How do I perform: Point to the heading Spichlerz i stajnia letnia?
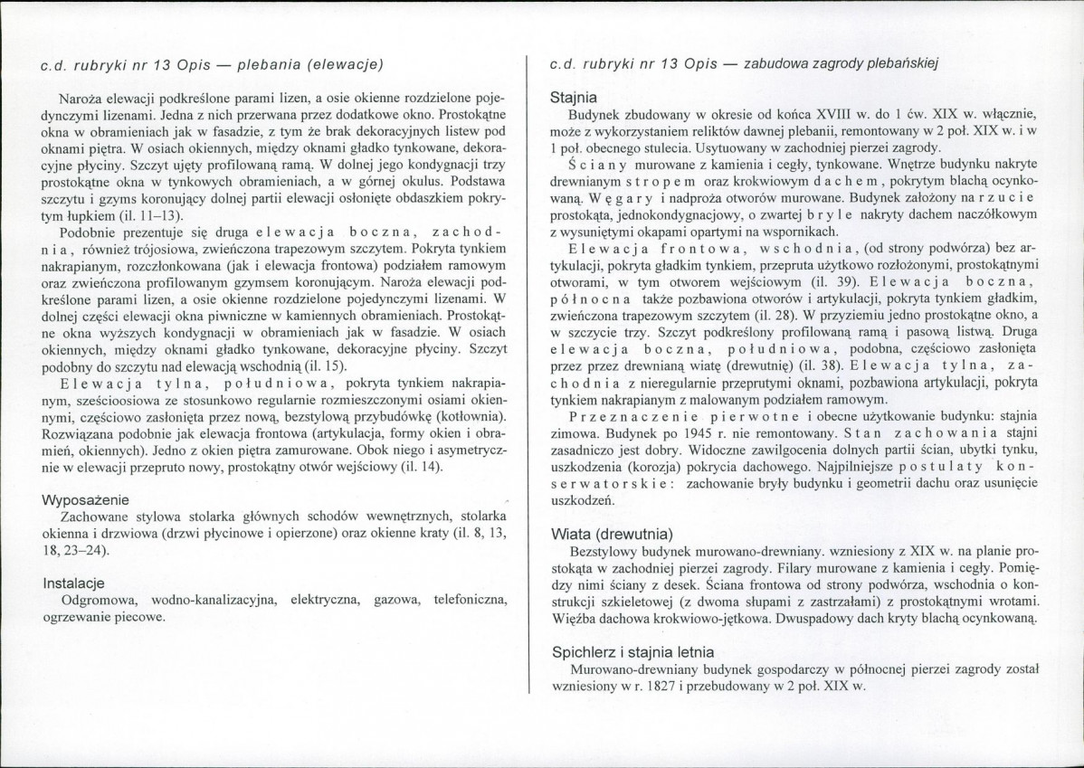[632, 651]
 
